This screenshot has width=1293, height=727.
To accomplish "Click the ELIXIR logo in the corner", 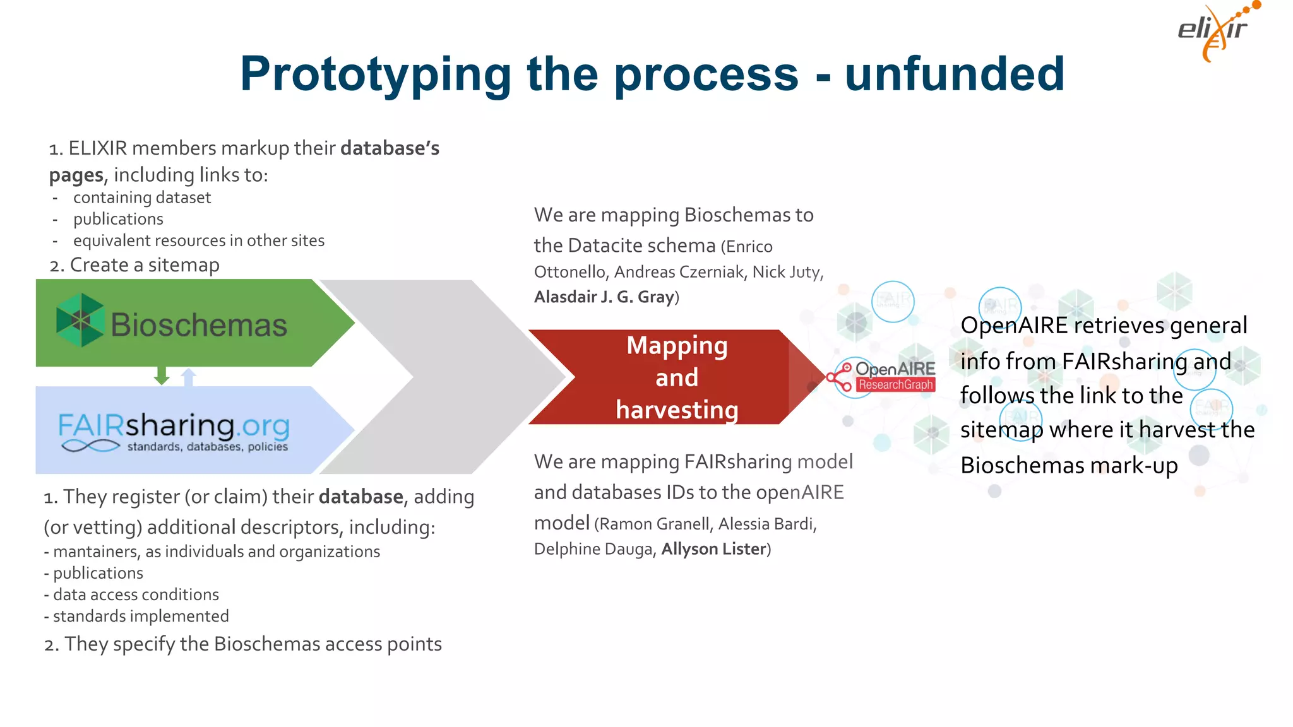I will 1215,32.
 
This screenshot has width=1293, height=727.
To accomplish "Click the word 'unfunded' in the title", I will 954,74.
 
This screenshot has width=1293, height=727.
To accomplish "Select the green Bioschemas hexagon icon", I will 80,320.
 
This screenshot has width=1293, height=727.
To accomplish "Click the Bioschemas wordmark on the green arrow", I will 199,325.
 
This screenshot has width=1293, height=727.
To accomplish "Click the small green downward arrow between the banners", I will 162,375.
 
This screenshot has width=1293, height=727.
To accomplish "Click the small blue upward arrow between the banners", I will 188,377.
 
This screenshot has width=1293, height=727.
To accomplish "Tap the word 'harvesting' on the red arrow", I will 677,410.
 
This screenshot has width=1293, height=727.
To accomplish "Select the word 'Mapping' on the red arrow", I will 677,345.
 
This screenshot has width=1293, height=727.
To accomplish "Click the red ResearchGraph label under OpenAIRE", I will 895,385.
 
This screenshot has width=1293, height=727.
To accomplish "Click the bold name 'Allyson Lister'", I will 713,549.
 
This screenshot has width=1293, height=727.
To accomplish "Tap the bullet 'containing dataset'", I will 141,198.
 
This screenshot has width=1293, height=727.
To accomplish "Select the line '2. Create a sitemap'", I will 134,265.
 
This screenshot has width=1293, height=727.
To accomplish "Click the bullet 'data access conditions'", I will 136,594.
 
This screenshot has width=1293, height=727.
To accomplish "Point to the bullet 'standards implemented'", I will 140,616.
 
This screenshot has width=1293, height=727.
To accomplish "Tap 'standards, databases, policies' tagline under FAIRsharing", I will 207,447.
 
